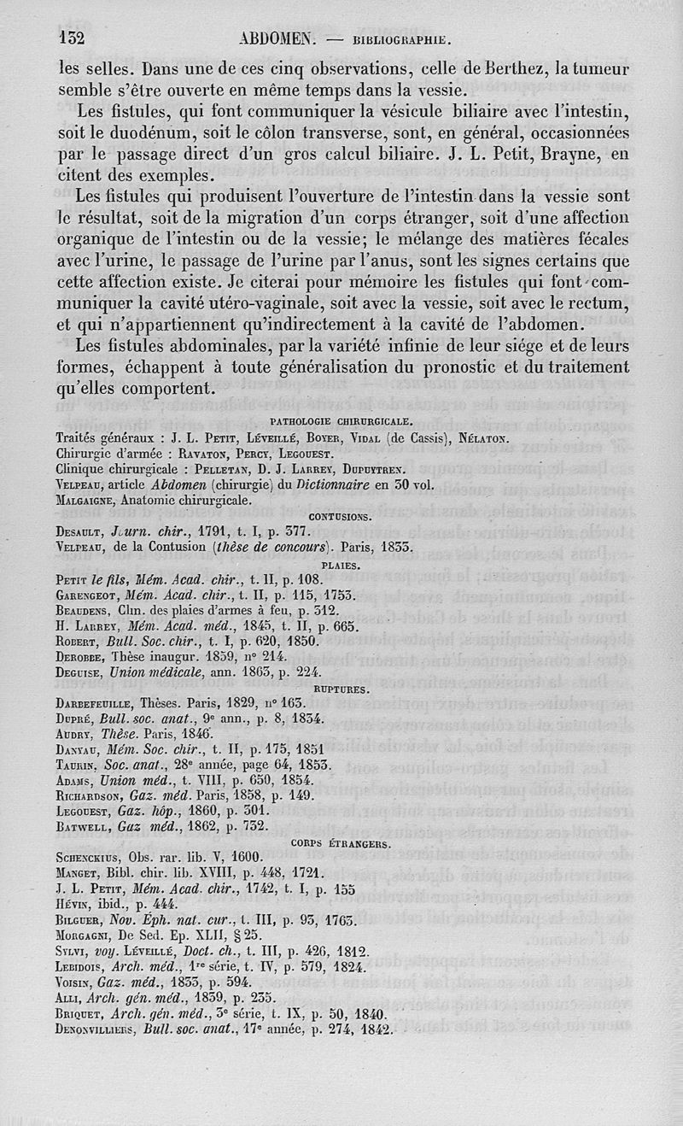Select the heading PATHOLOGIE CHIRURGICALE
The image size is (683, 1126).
(341, 420)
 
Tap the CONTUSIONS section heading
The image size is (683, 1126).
(339, 516)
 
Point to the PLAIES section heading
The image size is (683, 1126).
(340, 566)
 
